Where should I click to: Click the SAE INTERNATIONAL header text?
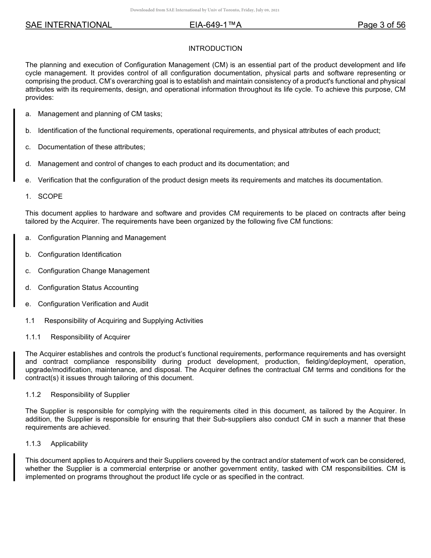click(69, 25)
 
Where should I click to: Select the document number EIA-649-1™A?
click(215, 25)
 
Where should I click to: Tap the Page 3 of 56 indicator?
click(381, 25)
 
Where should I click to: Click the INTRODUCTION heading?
click(215, 49)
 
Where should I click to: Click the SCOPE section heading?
click(50, 196)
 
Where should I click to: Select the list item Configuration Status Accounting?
click(88, 288)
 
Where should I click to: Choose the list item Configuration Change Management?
click(93, 271)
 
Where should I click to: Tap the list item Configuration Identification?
click(79, 255)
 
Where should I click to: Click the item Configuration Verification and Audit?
click(93, 304)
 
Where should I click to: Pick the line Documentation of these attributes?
click(91, 147)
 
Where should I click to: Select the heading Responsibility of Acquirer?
click(90, 337)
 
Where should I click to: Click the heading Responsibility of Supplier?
click(90, 395)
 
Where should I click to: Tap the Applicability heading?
click(69, 444)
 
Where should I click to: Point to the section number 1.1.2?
click(33, 395)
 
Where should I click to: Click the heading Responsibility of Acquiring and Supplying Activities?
click(123, 321)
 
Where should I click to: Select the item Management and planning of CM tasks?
click(100, 114)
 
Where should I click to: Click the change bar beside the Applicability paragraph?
click(14, 467)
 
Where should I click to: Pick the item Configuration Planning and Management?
click(102, 238)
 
